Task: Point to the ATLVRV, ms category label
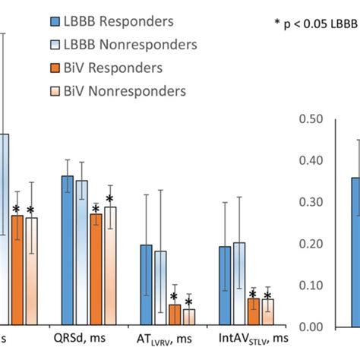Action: [x=171, y=339]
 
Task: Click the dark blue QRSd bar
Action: [x=68, y=251]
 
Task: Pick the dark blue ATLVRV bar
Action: [x=147, y=285]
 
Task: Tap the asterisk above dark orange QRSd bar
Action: [x=96, y=208]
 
